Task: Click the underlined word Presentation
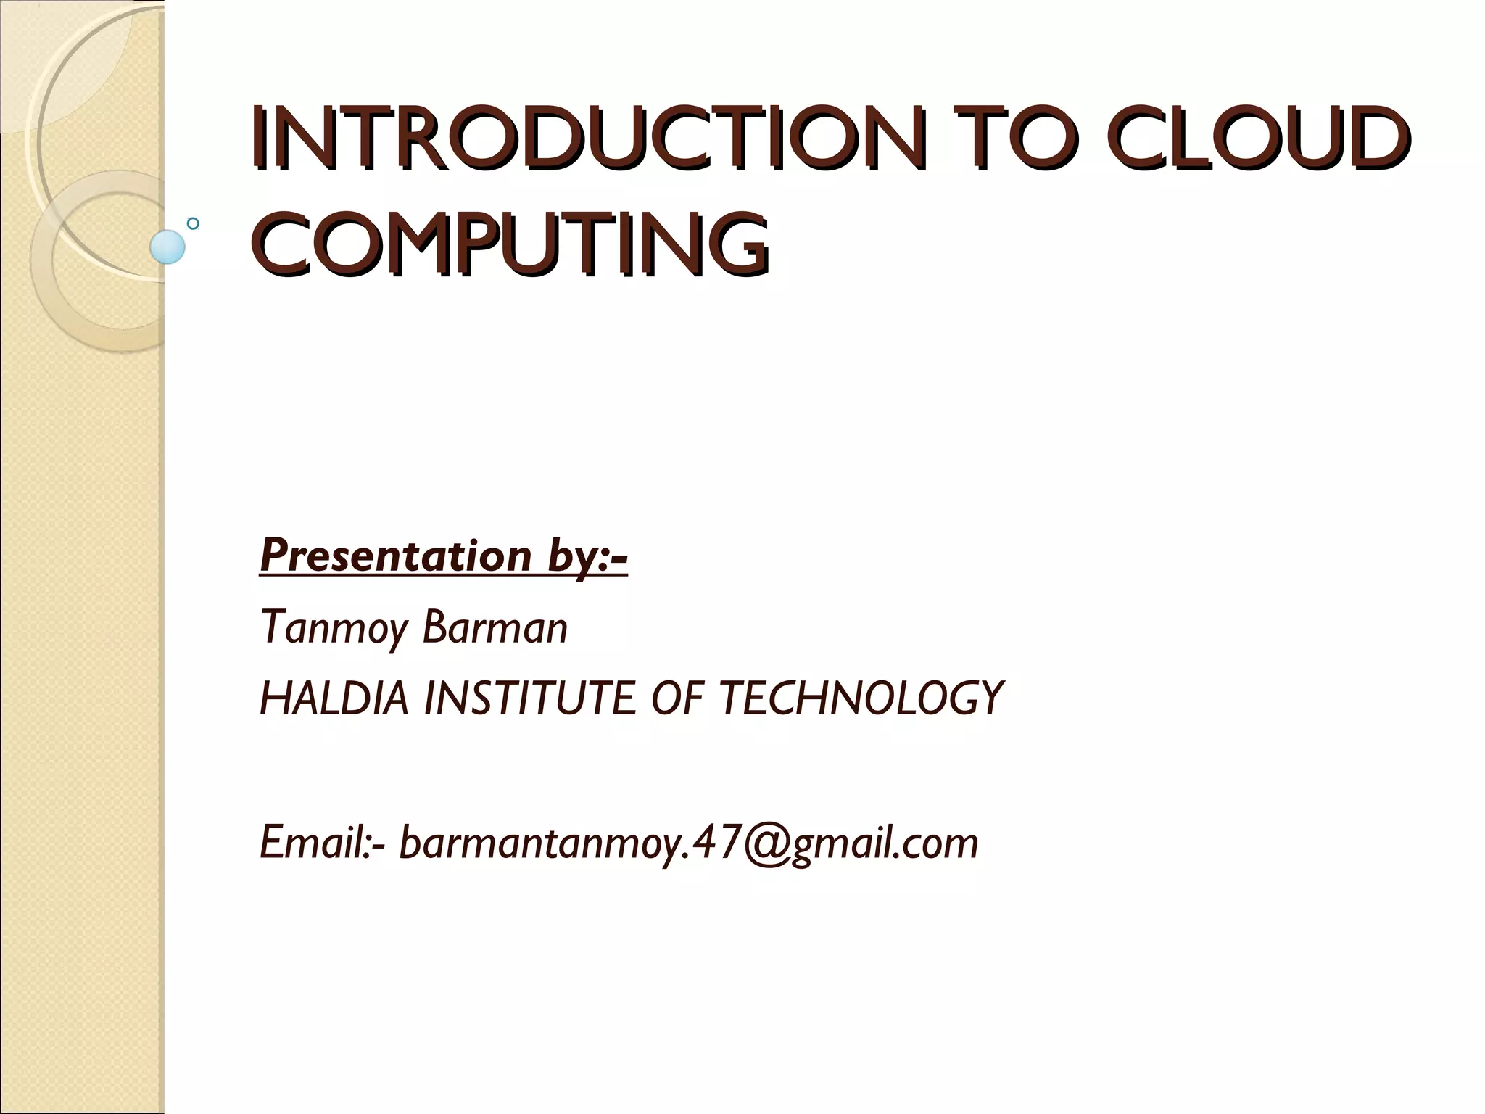click(x=396, y=556)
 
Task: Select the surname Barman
click(x=495, y=628)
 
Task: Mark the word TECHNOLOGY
click(x=861, y=698)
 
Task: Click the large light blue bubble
click(x=167, y=247)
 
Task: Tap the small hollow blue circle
click(x=193, y=224)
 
